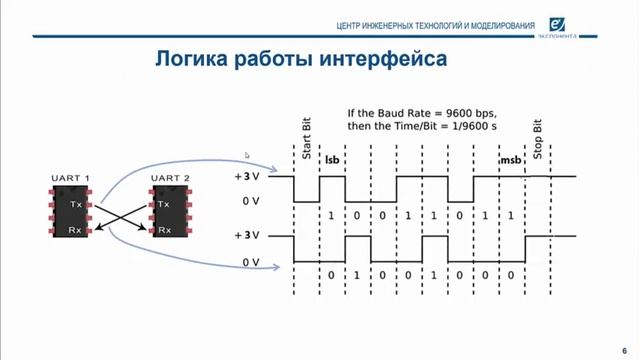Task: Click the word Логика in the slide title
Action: pyautogui.click(x=189, y=60)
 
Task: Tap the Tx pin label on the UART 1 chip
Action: pyautogui.click(x=76, y=204)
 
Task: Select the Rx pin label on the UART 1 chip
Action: pyautogui.click(x=76, y=229)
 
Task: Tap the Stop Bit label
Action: pyautogui.click(x=538, y=140)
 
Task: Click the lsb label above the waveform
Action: pyautogui.click(x=332, y=159)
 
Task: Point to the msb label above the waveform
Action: pyautogui.click(x=510, y=160)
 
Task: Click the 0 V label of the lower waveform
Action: pyautogui.click(x=249, y=262)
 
